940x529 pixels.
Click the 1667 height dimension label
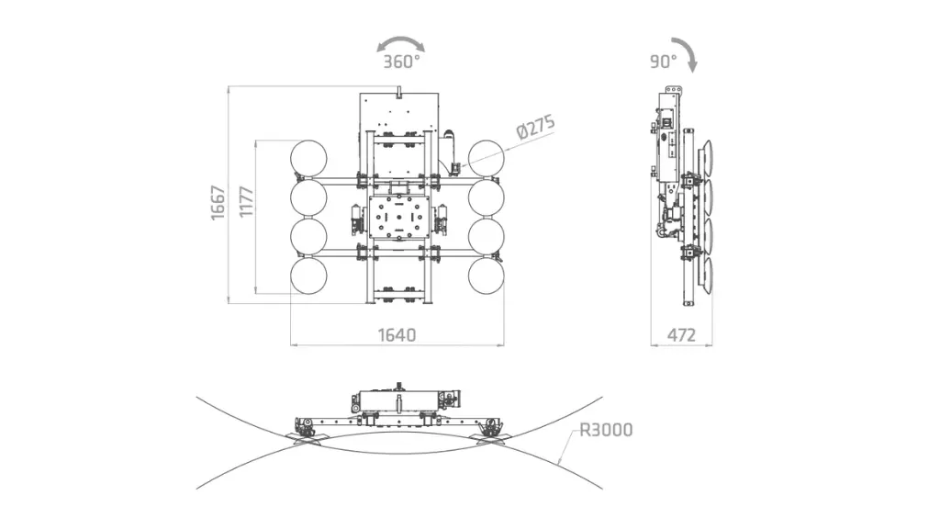pos(218,201)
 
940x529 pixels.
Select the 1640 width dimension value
pos(397,334)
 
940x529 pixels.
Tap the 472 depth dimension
pos(680,334)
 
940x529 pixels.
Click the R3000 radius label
pos(606,430)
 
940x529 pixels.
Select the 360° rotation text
pos(401,62)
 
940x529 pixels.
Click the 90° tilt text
pos(663,62)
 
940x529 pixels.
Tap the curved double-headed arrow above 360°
pos(401,43)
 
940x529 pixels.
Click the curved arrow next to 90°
pos(687,51)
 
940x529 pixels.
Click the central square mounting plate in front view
pos(397,219)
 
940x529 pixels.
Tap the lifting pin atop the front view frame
pos(399,89)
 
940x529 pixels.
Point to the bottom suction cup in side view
pos(707,277)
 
